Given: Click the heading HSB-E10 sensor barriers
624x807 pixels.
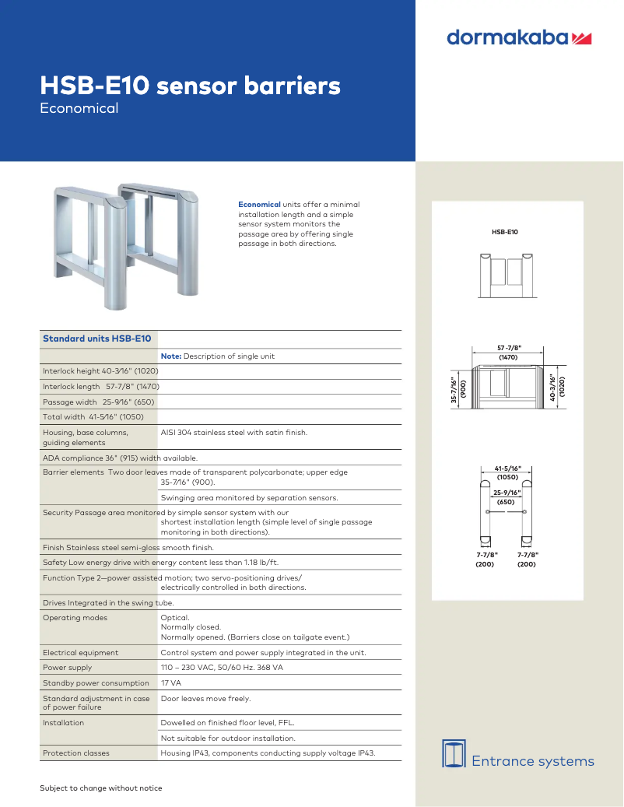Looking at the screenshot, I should (190, 86).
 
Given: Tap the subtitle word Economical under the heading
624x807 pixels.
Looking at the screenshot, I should (79, 109).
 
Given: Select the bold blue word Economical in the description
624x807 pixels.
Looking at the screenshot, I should (259, 205).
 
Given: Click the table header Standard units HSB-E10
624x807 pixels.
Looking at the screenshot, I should (96, 339).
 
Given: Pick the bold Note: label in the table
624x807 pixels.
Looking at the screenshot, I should (170, 356).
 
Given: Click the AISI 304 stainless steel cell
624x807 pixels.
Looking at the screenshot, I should (233, 432).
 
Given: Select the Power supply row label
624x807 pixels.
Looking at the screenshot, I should (67, 668).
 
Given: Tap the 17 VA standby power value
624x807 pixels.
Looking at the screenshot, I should (170, 683).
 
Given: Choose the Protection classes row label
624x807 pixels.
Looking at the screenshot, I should (75, 753).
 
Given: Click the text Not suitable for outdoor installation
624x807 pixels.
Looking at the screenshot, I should (227, 738).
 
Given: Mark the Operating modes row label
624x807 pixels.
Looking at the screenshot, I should (75, 618).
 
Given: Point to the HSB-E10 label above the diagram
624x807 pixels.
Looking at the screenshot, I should (504, 232).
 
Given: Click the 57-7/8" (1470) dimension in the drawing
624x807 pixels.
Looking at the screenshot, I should (508, 353).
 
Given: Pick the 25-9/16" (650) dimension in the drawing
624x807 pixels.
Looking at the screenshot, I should (507, 497).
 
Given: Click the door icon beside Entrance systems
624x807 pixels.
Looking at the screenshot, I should (454, 753).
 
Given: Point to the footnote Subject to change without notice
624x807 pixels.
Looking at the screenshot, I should (101, 788).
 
